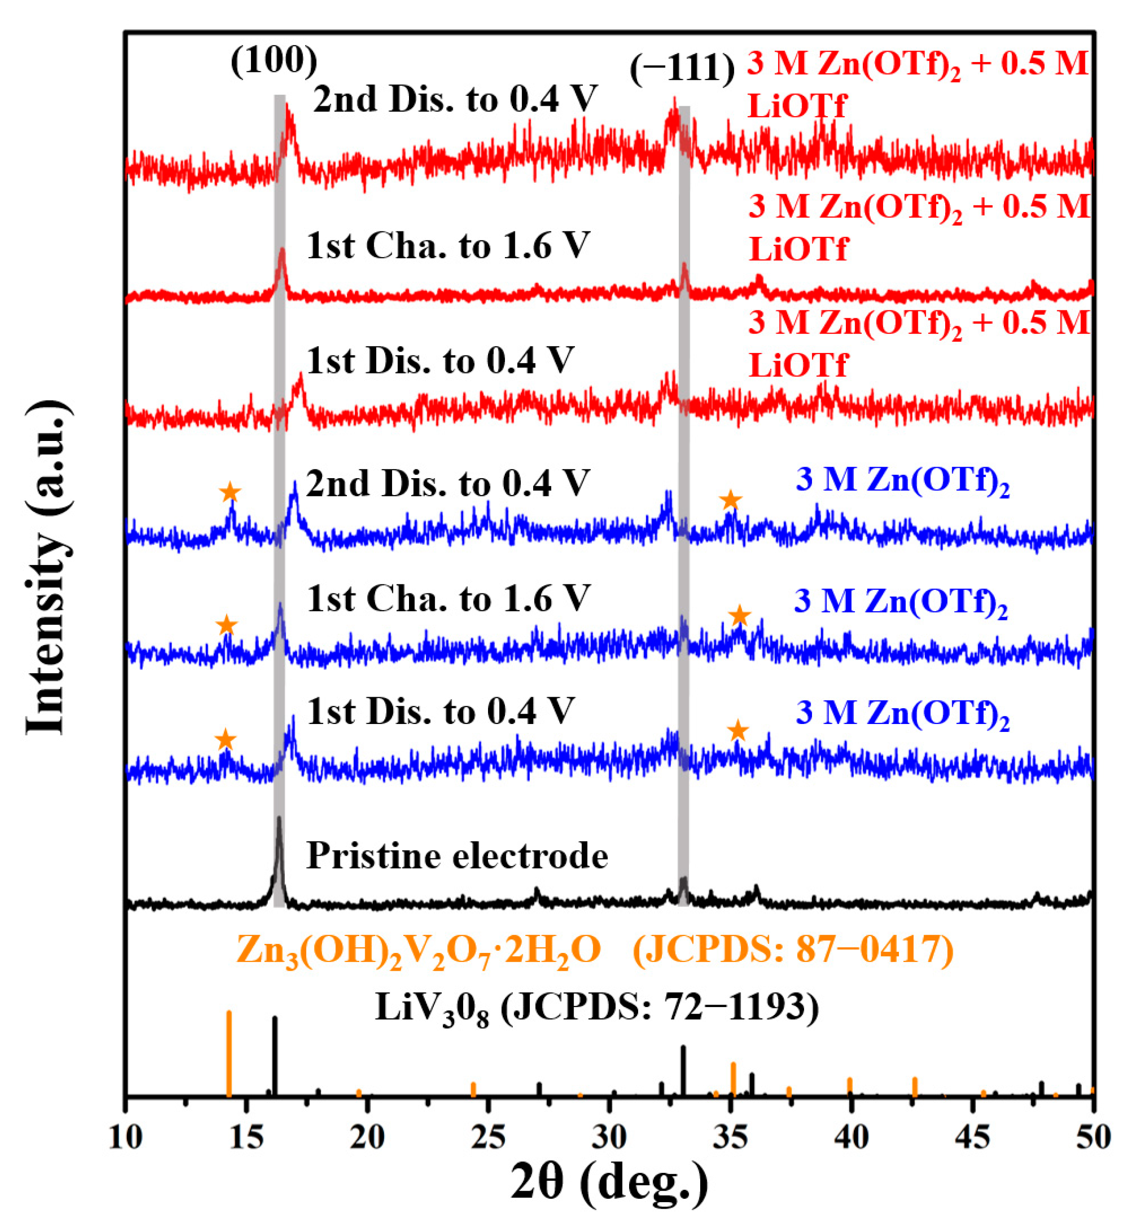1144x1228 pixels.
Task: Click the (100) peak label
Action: (274, 61)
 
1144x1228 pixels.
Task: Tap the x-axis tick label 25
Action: (488, 1137)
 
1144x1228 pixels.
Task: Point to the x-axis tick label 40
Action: (851, 1137)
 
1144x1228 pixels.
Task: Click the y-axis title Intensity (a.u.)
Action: (46, 568)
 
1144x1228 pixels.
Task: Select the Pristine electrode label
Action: (457, 856)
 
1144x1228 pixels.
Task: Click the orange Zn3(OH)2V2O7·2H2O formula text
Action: (418, 949)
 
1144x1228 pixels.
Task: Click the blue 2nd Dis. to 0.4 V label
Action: (447, 483)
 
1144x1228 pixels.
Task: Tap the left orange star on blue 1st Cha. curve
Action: (226, 625)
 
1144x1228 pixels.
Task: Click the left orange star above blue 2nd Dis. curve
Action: (230, 492)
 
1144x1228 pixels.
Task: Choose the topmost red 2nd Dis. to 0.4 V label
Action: (455, 99)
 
